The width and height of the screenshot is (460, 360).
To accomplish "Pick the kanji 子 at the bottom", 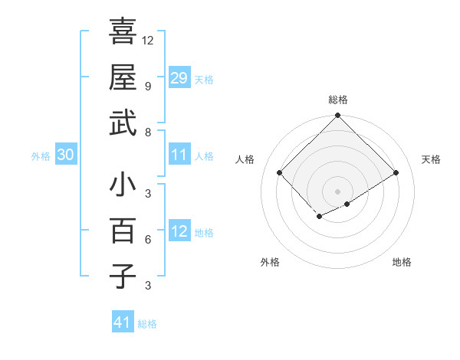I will [x=123, y=276].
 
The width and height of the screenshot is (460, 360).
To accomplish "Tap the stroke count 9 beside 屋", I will [x=147, y=86].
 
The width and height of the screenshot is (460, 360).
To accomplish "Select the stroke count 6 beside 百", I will [x=147, y=239].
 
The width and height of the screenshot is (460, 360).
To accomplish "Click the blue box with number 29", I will [x=179, y=77].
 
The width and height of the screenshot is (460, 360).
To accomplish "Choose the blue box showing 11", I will [x=179, y=155].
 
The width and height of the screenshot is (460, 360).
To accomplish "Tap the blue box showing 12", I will [x=179, y=231].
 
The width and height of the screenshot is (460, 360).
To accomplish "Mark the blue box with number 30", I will [x=65, y=155].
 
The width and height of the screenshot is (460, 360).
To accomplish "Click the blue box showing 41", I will [x=123, y=322].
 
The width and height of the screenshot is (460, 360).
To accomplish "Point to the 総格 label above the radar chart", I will [x=337, y=100].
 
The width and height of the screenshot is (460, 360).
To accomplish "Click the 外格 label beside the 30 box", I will [x=41, y=155].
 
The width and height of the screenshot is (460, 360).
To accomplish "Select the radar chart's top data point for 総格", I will [x=337, y=116].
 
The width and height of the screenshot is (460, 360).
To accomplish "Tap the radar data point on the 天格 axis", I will [x=396, y=172].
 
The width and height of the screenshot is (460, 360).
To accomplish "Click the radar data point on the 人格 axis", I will [x=280, y=172].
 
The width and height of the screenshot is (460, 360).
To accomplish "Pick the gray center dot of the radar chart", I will [x=337, y=191].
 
